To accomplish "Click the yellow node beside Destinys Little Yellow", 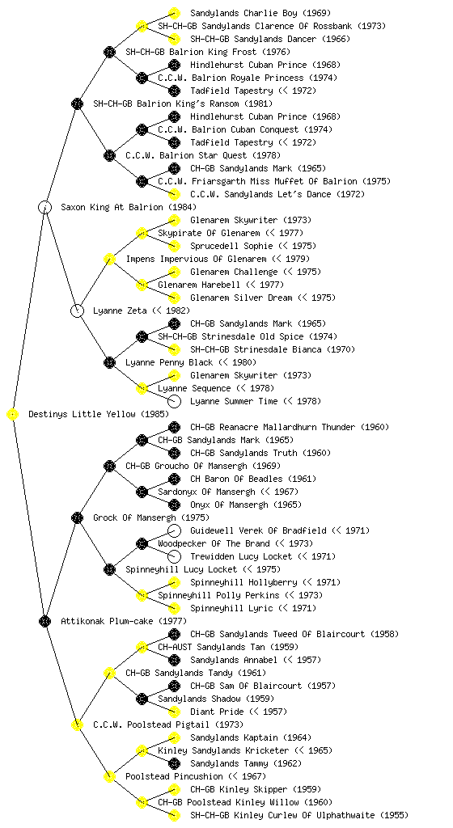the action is tap(13, 415).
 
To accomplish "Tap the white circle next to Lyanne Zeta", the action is tap(77, 311).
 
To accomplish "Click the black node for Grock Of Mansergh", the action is tap(77, 518).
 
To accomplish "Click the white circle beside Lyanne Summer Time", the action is tap(174, 401).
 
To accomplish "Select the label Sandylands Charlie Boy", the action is tap(244, 13).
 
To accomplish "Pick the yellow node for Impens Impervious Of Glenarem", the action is tap(109, 260).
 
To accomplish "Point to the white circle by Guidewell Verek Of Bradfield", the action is tap(174, 530).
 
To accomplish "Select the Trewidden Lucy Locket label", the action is tap(241, 556).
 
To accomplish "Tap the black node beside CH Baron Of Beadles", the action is tap(174, 479).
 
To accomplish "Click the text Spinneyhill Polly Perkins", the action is tap(218, 596).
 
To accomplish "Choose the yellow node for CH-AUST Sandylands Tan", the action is tap(142, 648).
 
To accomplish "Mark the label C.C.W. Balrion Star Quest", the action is tap(186, 156).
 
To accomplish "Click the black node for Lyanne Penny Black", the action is tap(109, 363).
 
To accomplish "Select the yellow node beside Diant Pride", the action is tap(174, 712).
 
